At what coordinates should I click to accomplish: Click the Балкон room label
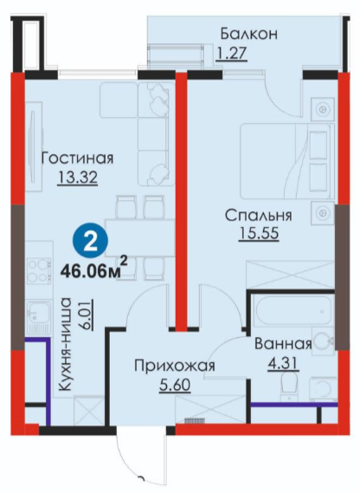pos(249,34)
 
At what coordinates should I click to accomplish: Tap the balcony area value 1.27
pos(231,54)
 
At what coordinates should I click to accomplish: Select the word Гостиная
pos(77,158)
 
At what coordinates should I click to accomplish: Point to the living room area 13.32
pos(78,178)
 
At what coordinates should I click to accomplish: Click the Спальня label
pos(259,216)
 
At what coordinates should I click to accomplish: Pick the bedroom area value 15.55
pos(259,234)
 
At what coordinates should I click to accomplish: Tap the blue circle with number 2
pos(90,243)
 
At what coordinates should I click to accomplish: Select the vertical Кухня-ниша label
pos(66,344)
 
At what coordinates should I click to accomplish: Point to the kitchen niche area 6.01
pos(86,314)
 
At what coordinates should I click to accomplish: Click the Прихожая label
pos(175,366)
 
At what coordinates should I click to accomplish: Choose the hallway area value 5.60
pos(175,385)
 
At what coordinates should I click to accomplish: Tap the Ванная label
pos(283,344)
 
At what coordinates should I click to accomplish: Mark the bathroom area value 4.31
pos(283,365)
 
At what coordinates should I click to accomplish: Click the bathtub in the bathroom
pos(293,312)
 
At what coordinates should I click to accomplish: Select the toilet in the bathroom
pos(290,386)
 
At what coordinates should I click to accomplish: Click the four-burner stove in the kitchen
pos(39,270)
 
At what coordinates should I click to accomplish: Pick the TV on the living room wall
pos(32,146)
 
